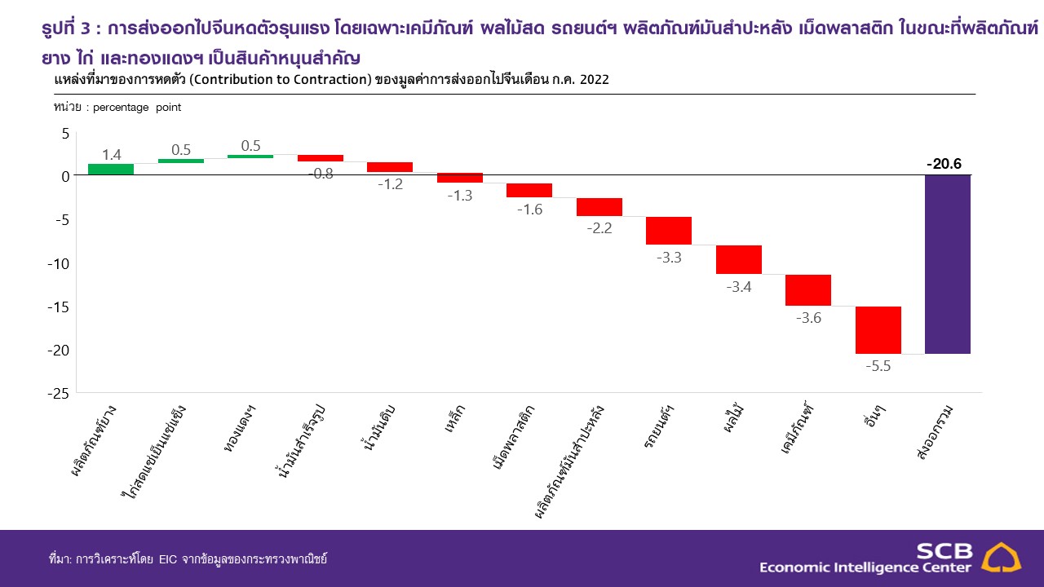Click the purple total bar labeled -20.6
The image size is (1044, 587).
tap(947, 264)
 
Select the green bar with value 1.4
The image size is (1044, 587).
tap(111, 170)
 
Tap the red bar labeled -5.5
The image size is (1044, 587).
tap(878, 330)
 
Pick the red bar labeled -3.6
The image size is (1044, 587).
tap(808, 290)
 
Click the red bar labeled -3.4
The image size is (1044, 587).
tap(739, 259)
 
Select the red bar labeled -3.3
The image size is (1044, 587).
tap(669, 231)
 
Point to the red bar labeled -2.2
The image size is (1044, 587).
tap(599, 207)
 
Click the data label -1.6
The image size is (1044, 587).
tap(529, 209)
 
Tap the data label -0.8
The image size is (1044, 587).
tap(321, 174)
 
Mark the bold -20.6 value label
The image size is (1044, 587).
tap(944, 164)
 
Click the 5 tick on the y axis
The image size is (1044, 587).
tap(65, 132)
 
